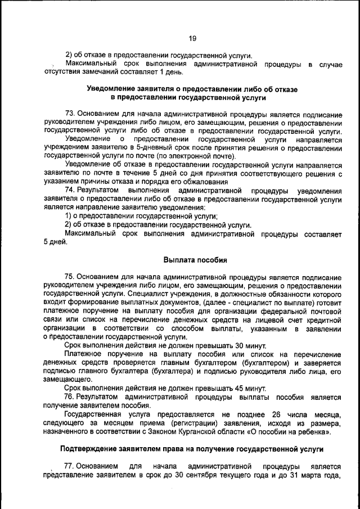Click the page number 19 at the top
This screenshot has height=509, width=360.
coord(192,38)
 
